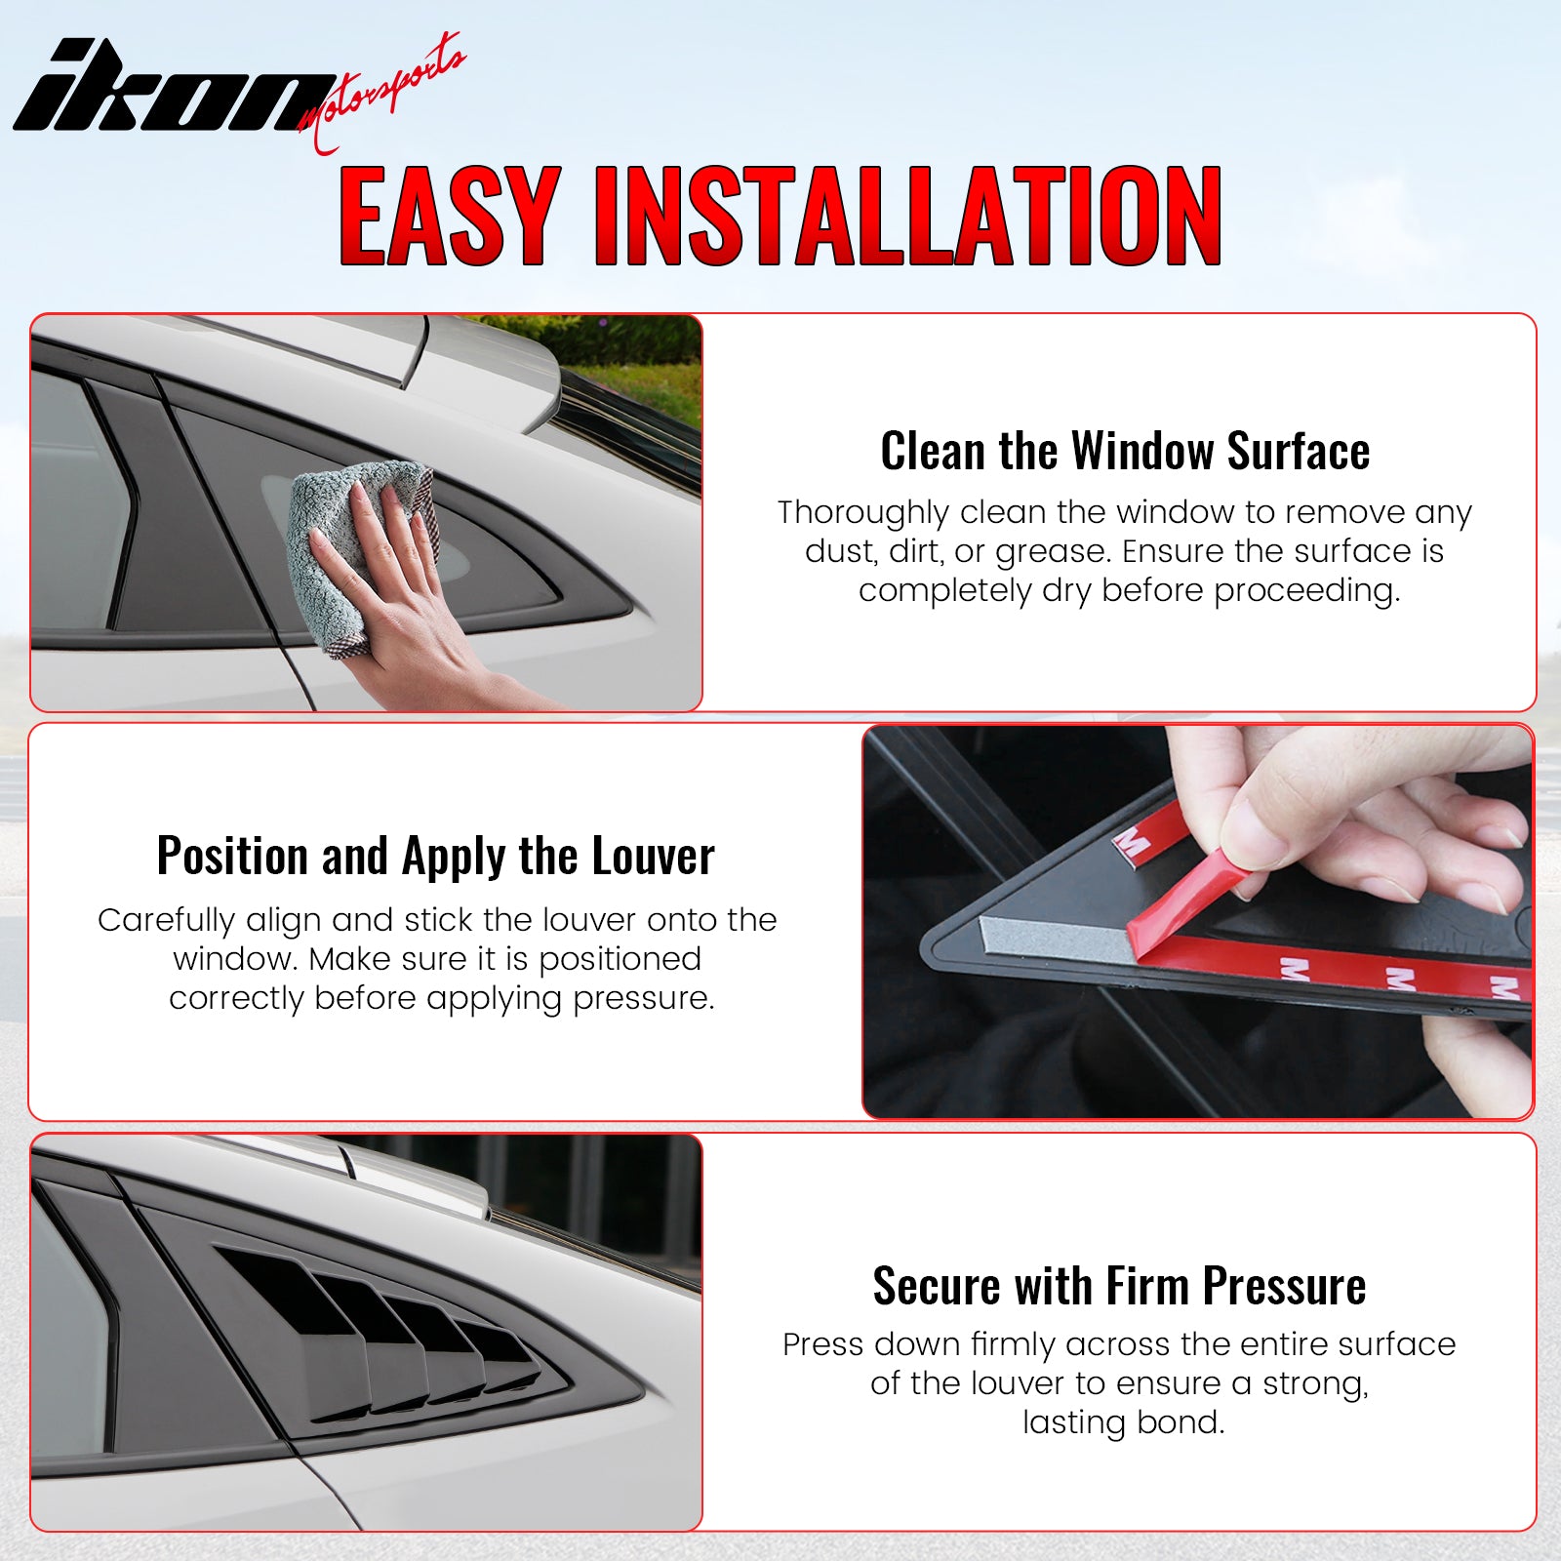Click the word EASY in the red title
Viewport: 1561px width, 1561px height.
(450, 216)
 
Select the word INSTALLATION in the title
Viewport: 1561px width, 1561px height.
(907, 216)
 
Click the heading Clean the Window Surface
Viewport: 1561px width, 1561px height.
(1125, 451)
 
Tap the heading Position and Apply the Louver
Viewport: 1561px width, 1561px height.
(435, 857)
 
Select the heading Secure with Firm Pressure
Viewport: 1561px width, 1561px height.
(1119, 1285)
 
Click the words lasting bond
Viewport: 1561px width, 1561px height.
(1123, 1421)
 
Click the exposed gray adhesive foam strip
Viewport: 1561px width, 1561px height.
(1054, 938)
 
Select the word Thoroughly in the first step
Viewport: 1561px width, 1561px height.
(862, 513)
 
